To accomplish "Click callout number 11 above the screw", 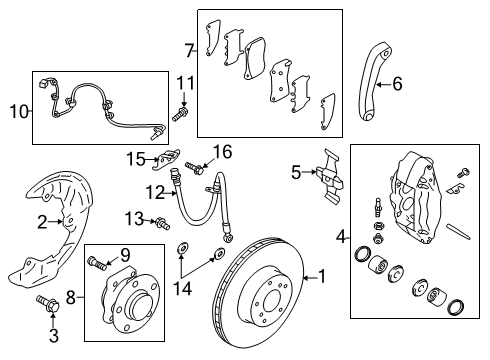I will (x=185, y=82).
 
